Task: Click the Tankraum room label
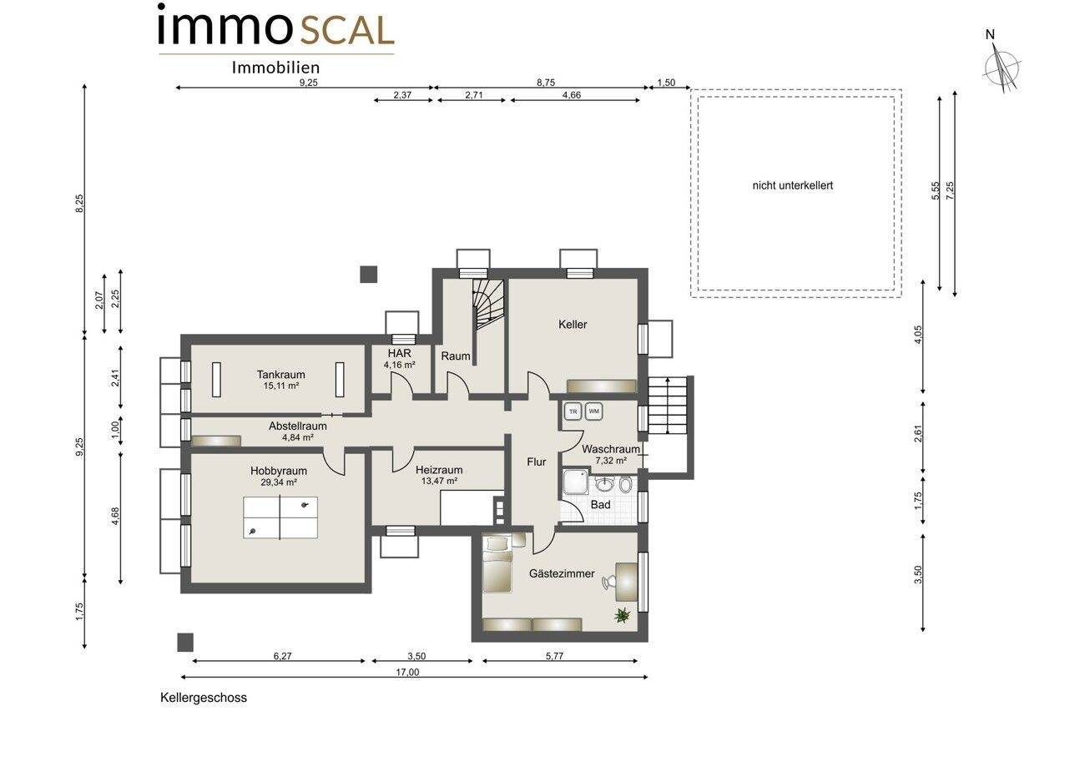pos(281,374)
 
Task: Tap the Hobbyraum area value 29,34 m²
pos(279,482)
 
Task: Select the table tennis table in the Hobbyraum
pos(280,517)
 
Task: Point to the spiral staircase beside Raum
pos(487,304)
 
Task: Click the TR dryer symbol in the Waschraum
pos(573,411)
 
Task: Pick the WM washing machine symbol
pos(594,411)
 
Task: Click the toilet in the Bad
pos(626,484)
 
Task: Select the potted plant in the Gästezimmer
pos(622,615)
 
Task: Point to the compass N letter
pos(990,35)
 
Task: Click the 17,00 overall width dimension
pos(407,672)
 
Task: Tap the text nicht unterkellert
pos(792,185)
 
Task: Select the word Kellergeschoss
pos(204,698)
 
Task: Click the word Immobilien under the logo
pos(275,68)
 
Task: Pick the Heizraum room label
pos(439,470)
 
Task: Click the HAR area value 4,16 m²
pos(399,365)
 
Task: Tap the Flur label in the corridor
pos(536,462)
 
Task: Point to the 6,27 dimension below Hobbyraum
pos(283,656)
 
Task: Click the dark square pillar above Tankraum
pos(369,275)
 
